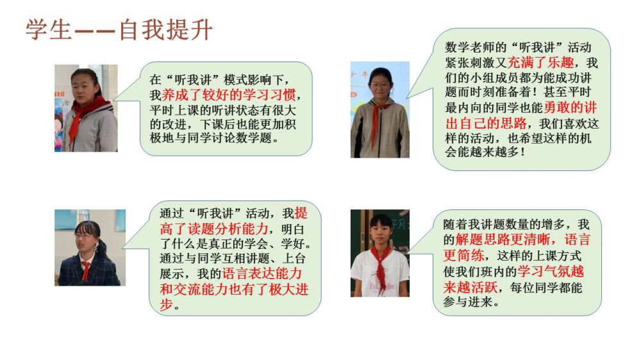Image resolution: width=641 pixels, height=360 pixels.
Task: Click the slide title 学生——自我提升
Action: (x=119, y=29)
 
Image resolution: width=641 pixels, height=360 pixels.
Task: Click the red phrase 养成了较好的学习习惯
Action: (x=229, y=95)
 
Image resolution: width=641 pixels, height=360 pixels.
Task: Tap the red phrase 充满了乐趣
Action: (x=540, y=63)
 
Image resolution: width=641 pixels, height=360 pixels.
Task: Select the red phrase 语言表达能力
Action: (x=262, y=274)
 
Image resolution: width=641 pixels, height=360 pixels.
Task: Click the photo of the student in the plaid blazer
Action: (x=90, y=248)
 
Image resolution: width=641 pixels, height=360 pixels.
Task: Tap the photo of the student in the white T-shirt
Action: (x=379, y=253)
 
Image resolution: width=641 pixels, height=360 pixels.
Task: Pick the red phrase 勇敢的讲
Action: (x=570, y=108)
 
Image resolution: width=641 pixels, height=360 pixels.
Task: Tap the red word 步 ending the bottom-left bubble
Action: (x=166, y=304)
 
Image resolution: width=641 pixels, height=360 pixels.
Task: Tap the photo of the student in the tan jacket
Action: (x=379, y=110)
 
